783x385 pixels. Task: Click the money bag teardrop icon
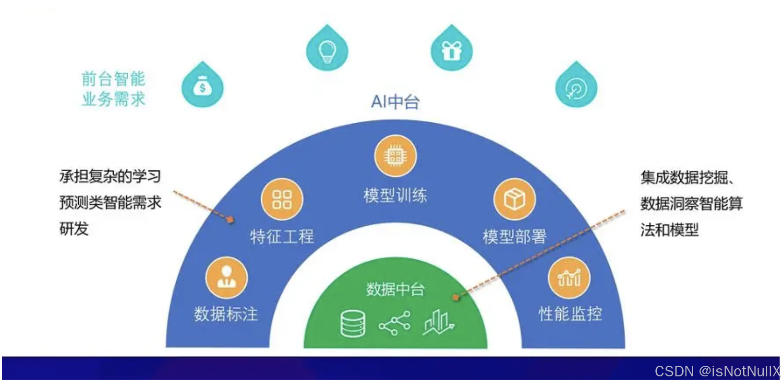point(203,86)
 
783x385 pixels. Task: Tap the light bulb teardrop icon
point(327,49)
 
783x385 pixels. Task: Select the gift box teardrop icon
point(451,49)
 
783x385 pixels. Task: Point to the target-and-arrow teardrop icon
point(576,87)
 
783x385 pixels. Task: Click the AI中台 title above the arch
point(395,102)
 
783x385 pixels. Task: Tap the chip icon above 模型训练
point(395,156)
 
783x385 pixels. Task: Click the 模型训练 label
point(395,195)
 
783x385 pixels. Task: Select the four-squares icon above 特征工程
point(282,199)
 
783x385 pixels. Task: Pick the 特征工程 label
point(282,236)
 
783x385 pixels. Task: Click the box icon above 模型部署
point(514,199)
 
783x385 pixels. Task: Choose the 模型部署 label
point(514,236)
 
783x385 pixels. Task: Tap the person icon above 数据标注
point(226,278)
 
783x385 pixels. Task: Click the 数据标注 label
point(226,315)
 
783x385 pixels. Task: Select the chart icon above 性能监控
point(569,278)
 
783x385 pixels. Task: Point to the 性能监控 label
point(570,314)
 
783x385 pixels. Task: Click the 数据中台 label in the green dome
point(395,289)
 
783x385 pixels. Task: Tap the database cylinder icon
point(353,324)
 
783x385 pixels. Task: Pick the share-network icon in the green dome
point(395,324)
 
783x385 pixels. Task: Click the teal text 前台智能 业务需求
point(113,89)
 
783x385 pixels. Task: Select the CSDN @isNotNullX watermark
point(717,371)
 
